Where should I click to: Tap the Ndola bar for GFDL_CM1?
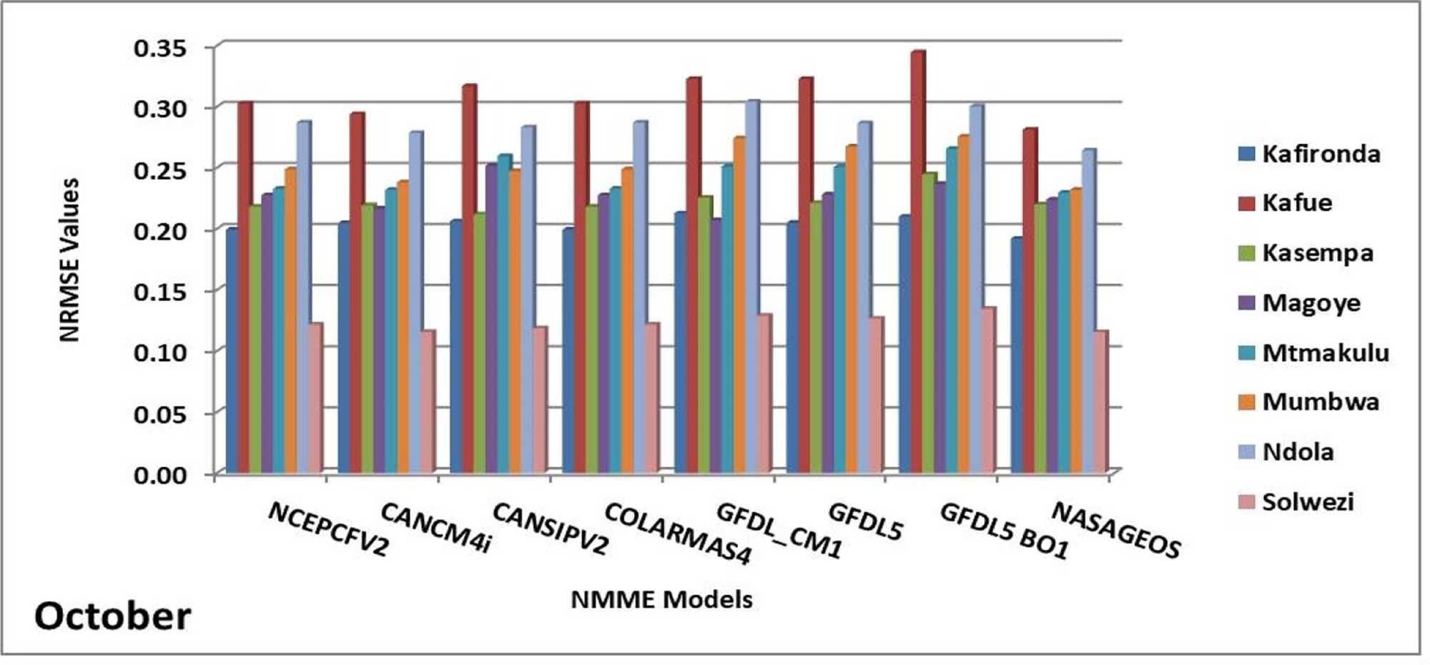coord(752,287)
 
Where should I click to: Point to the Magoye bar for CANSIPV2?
coord(493,319)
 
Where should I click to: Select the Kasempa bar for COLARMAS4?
coord(593,340)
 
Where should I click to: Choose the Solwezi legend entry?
coord(1296,502)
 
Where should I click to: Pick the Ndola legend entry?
coord(1286,452)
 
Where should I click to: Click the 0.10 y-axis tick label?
coord(161,353)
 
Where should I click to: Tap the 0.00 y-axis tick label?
coord(161,474)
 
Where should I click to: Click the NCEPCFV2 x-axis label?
coord(329,529)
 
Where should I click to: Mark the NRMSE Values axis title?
coord(69,260)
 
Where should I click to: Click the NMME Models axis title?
coord(662,599)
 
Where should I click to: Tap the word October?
coord(113,616)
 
